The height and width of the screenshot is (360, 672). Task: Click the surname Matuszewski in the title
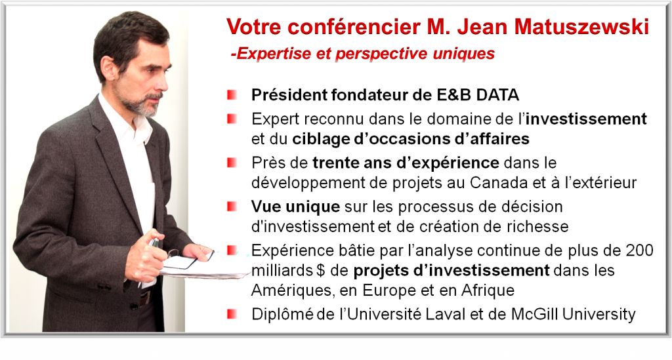pyautogui.click(x=581, y=26)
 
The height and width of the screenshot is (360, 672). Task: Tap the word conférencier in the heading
pyautogui.click(x=353, y=26)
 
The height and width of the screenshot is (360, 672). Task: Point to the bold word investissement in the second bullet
pyautogui.click(x=586, y=119)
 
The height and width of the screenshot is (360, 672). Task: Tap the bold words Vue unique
pyautogui.click(x=295, y=207)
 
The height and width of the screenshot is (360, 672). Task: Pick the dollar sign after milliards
pyautogui.click(x=320, y=271)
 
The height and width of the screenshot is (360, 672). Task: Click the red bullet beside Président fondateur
pyautogui.click(x=232, y=94)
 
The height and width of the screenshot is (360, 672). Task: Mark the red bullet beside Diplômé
pyautogui.click(x=232, y=314)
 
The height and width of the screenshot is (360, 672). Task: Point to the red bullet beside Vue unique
pyautogui.click(x=232, y=207)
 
